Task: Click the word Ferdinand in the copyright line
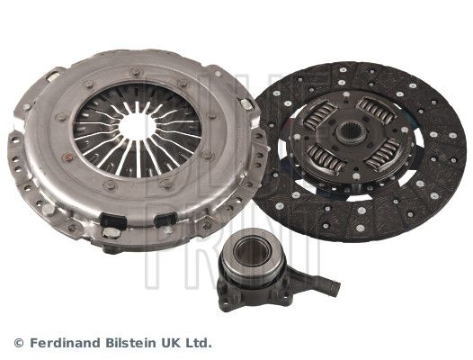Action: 65,343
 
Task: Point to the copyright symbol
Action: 19,344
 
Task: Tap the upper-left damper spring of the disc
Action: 320,115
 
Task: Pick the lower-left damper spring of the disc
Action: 326,158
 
